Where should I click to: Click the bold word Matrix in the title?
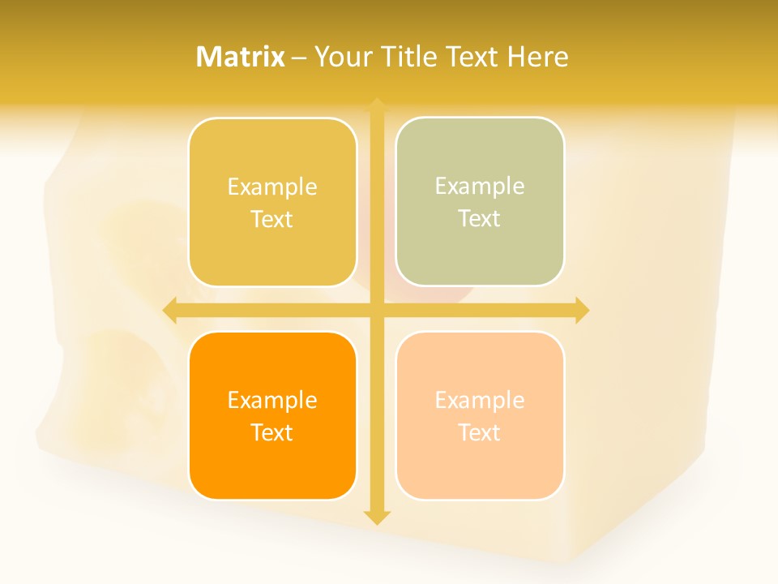tap(241, 57)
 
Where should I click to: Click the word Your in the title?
tap(342, 57)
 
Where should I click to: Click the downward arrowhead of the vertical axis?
tap(376, 517)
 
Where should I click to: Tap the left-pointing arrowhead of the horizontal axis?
tap(170, 310)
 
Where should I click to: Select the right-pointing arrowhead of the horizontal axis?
tap(582, 310)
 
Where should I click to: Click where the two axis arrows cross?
tap(376, 310)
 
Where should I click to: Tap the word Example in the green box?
tap(480, 186)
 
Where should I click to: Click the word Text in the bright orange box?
tap(272, 432)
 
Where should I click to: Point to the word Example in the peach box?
tap(480, 400)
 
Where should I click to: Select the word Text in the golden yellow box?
tap(272, 219)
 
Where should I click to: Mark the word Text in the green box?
tap(480, 218)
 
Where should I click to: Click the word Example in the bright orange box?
tap(272, 400)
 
